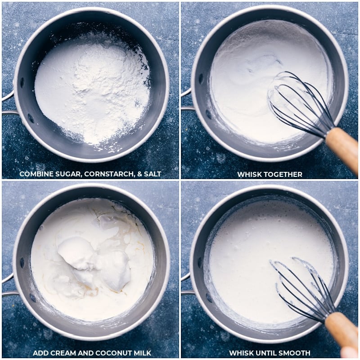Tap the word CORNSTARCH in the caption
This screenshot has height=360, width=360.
(109, 174)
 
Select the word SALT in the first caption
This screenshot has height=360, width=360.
(153, 174)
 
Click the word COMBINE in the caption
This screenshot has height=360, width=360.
(36, 174)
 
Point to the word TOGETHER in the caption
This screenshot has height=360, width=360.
(283, 175)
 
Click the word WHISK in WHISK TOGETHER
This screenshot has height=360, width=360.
(249, 175)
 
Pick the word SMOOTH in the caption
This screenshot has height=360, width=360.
(295, 353)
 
